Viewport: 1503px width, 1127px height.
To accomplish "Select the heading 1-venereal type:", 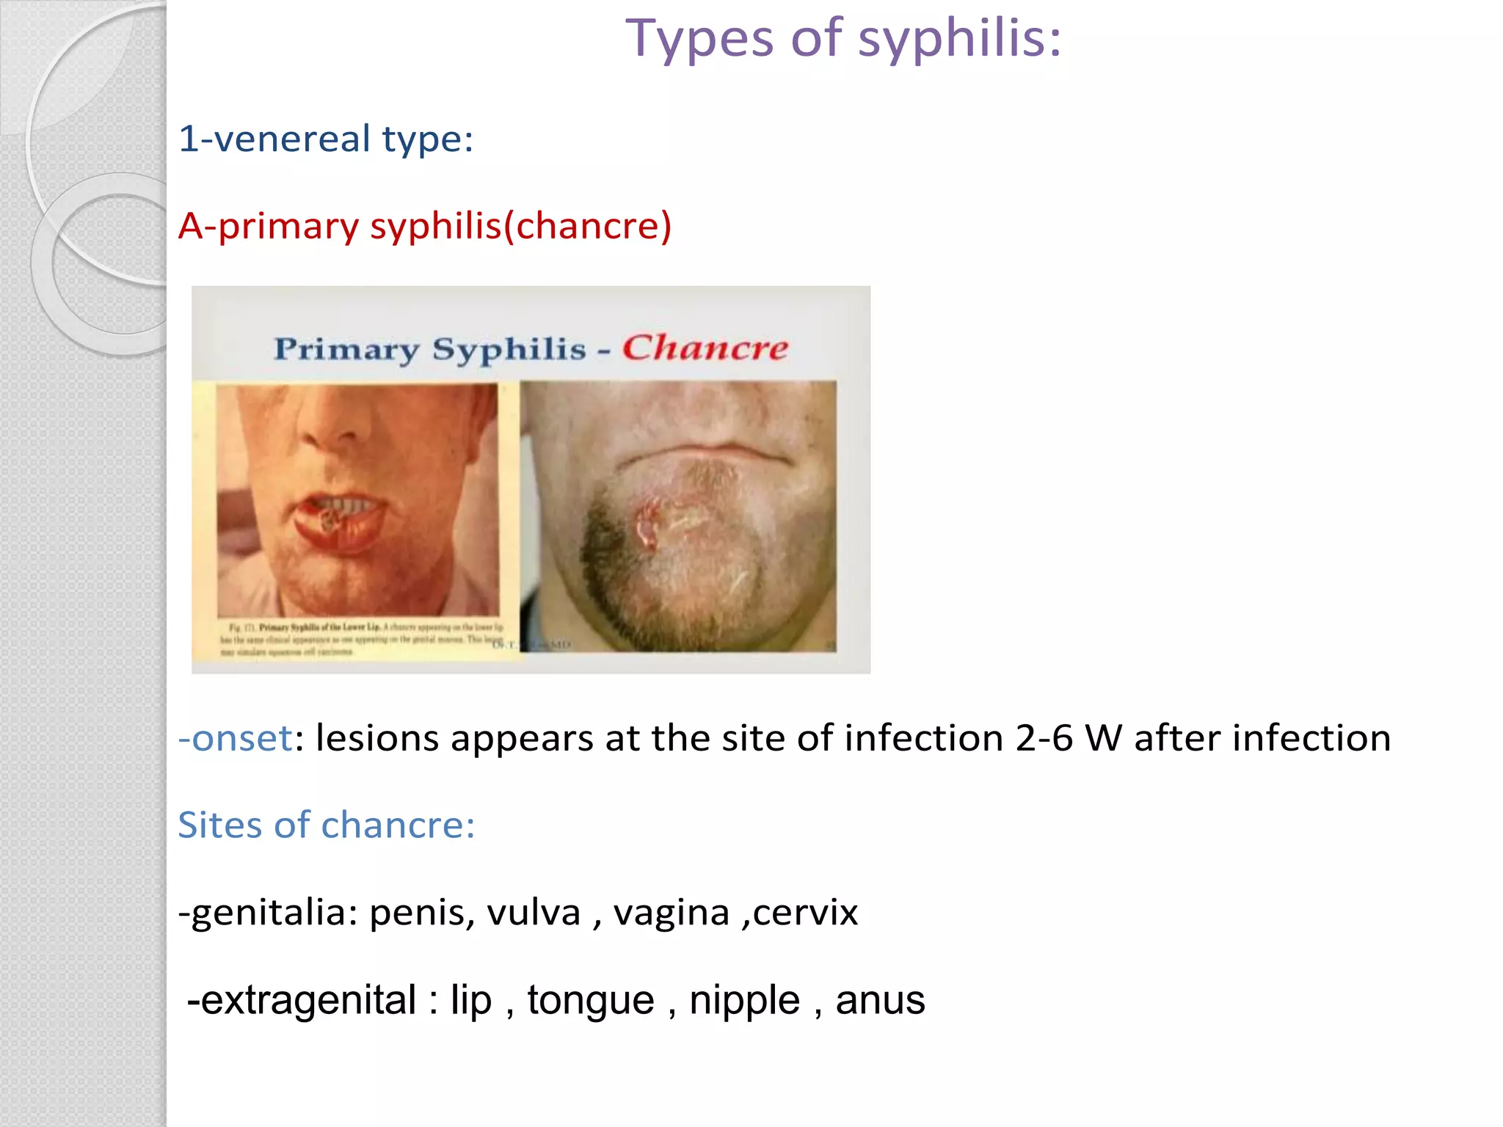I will click(326, 139).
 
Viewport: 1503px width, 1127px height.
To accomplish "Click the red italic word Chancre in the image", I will click(705, 348).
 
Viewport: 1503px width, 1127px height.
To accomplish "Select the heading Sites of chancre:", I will click(326, 825).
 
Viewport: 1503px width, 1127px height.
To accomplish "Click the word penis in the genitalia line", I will click(421, 913).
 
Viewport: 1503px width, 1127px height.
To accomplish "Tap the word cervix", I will click(805, 913).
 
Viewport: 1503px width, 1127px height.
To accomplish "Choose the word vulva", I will click(534, 913).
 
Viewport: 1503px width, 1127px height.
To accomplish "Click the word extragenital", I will click(308, 1000).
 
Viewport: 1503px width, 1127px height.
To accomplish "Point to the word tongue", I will click(590, 1000).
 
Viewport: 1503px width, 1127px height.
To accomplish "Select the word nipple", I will click(744, 1000).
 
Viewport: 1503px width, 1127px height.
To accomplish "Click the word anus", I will click(880, 1000).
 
